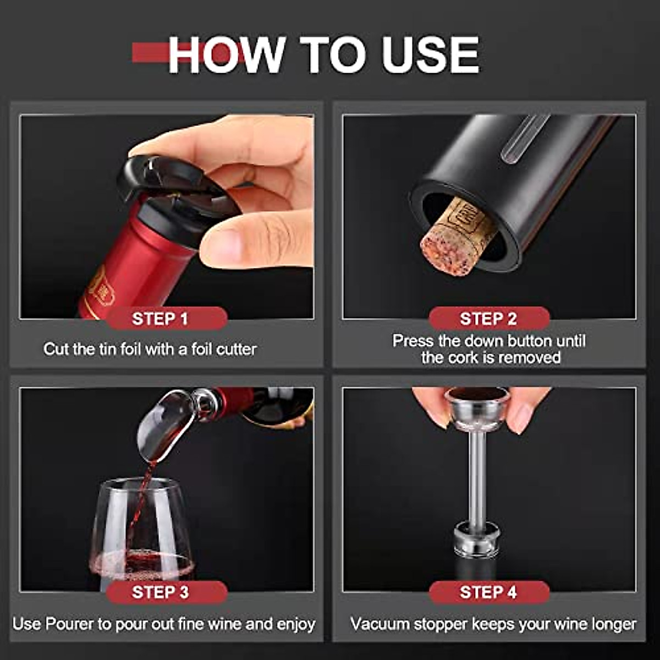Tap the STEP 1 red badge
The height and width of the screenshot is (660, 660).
click(160, 318)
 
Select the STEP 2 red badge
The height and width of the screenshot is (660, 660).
click(488, 318)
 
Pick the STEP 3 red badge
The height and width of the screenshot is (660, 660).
click(160, 592)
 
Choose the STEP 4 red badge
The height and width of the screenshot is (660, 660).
click(488, 592)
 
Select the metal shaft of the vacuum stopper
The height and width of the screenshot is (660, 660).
click(476, 479)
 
